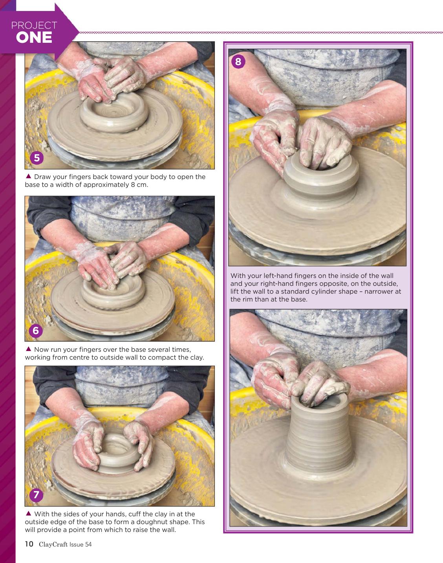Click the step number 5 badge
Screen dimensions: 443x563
(37, 158)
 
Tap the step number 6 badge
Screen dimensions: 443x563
(36, 331)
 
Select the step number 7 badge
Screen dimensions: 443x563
(36, 495)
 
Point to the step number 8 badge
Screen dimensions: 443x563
(238, 62)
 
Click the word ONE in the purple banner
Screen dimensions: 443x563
(34, 37)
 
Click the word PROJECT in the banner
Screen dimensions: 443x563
(34, 26)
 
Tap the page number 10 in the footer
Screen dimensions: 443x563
(29, 544)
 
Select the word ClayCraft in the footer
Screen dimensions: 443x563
(53, 545)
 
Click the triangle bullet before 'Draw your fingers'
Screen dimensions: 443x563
(29, 176)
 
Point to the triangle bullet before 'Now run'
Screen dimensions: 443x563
(29, 349)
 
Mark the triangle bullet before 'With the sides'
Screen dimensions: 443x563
(29, 513)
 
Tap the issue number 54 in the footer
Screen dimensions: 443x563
(88, 545)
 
